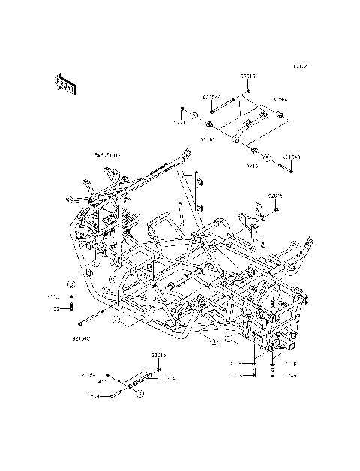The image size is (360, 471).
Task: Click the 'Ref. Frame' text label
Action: click(106, 154)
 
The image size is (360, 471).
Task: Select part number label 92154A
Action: click(211, 96)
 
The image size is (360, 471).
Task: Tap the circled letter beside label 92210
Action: click(193, 116)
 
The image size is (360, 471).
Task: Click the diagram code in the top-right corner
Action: click(300, 66)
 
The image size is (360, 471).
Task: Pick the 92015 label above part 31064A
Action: click(158, 353)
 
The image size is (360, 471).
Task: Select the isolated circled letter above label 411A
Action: click(69, 284)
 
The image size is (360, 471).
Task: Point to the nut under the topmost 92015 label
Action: click(247, 91)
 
